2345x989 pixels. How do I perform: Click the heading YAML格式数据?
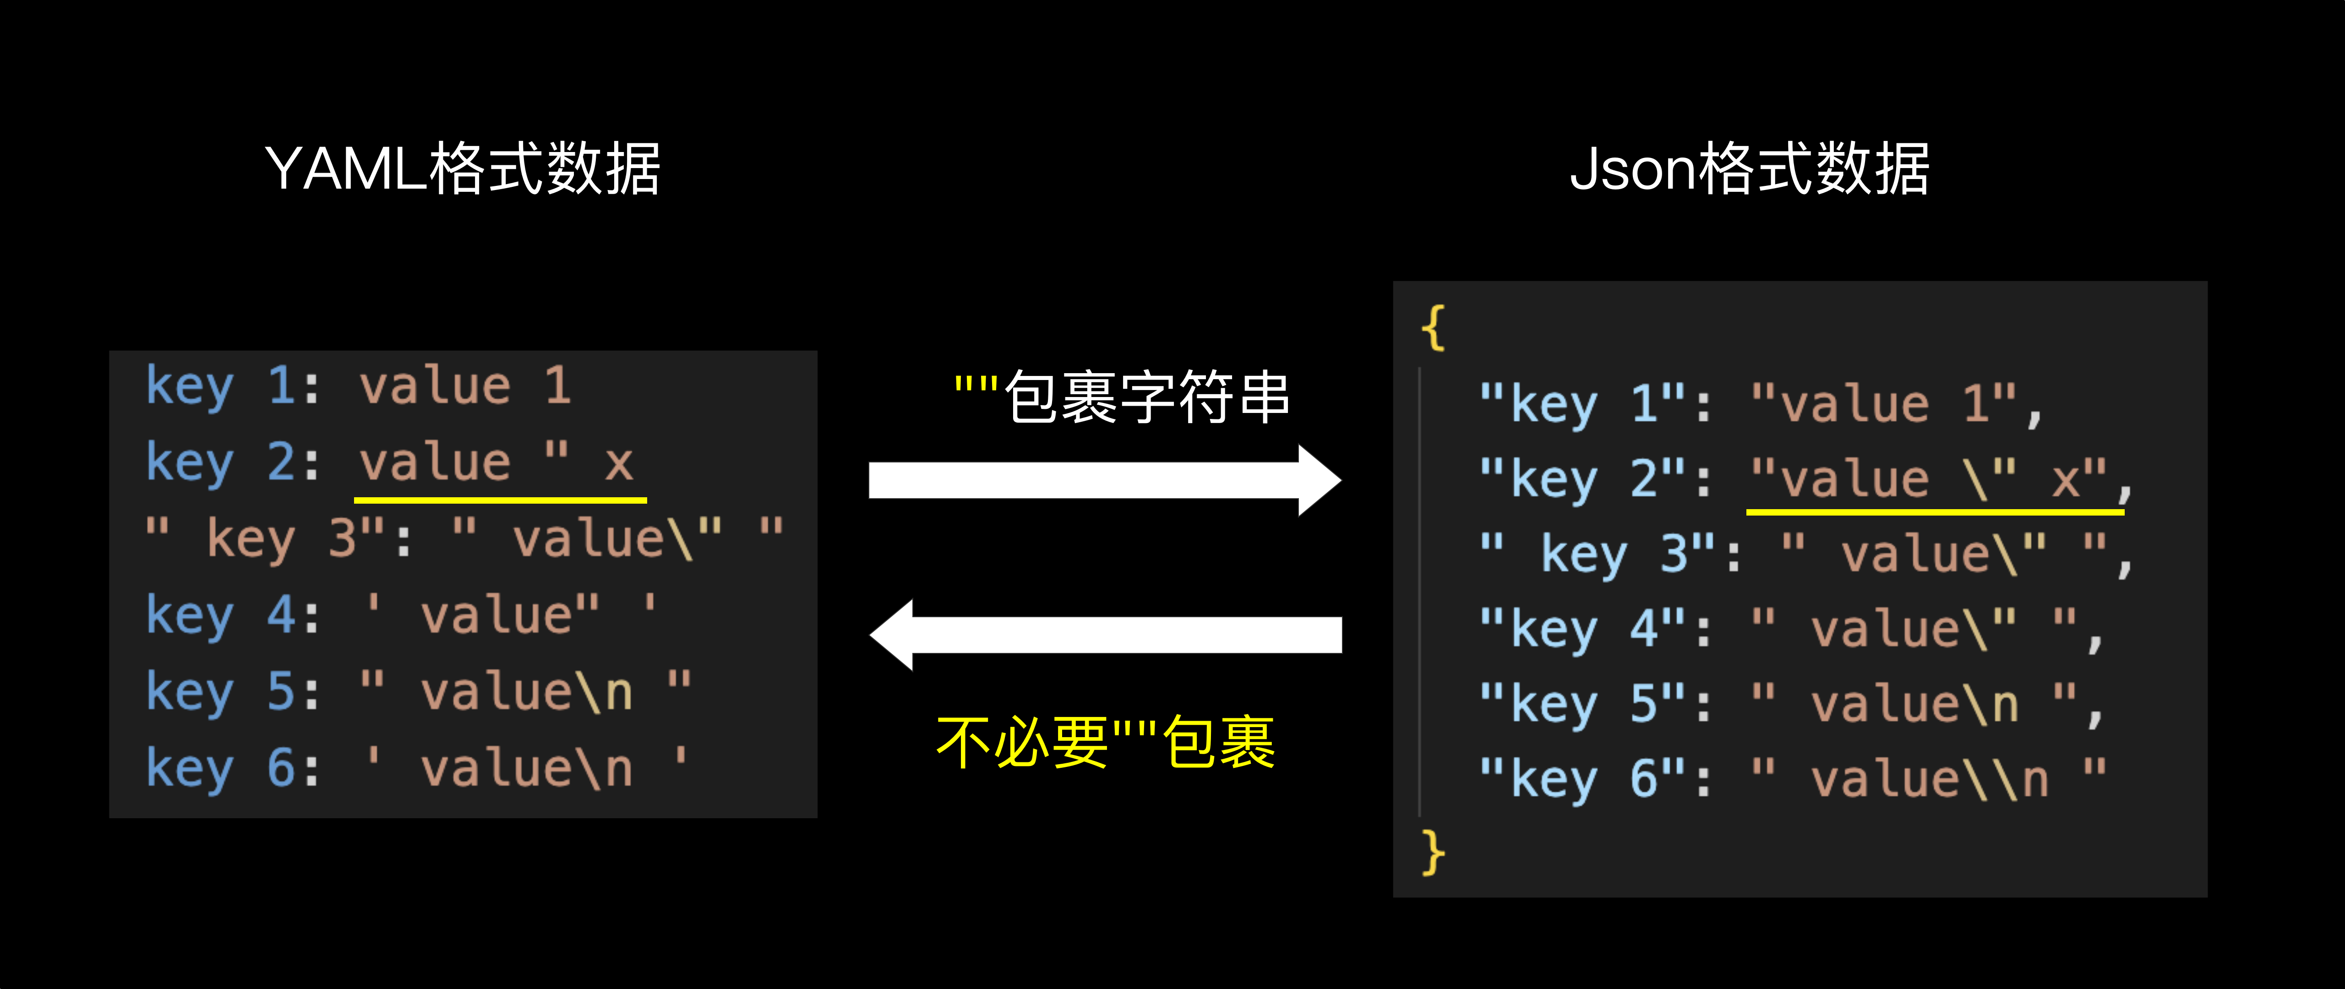(x=463, y=169)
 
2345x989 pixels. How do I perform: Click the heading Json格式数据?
(x=1748, y=169)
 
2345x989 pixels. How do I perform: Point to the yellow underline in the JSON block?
(x=1935, y=512)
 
